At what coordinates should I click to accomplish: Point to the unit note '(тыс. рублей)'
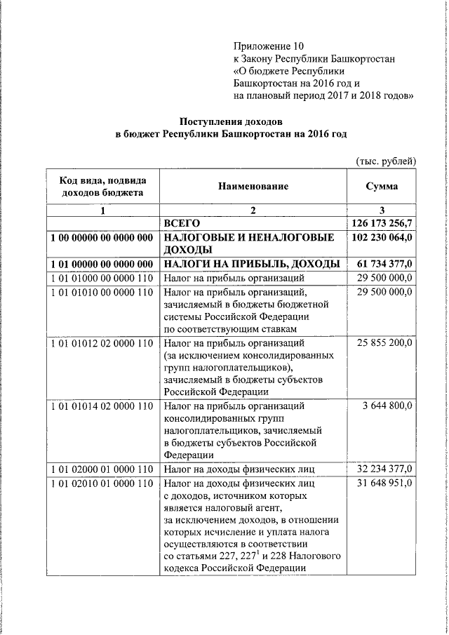387,161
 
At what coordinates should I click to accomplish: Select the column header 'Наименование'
253,187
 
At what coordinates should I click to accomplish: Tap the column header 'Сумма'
382,187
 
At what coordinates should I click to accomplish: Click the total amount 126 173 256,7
382,223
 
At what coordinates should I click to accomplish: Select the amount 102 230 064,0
382,238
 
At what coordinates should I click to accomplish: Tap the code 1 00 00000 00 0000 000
102,239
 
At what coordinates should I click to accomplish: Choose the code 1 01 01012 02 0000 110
102,344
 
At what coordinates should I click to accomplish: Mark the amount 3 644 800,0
388,406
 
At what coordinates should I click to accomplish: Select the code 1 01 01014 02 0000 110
102,406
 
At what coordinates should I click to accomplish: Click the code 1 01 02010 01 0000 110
102,483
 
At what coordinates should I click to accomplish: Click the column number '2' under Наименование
253,210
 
